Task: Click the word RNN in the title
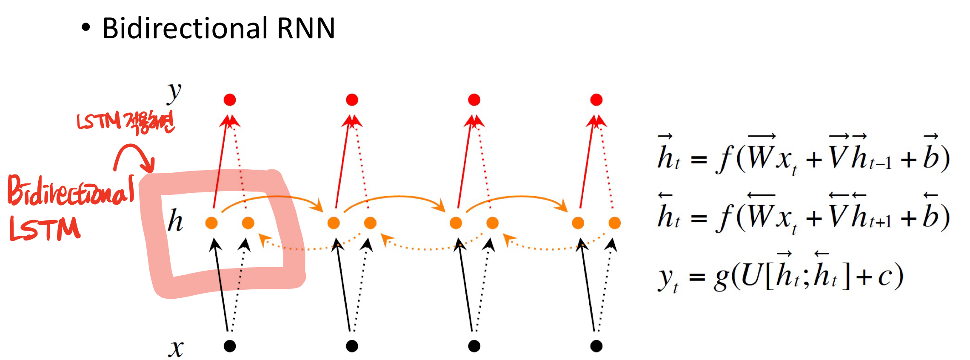pyautogui.click(x=306, y=29)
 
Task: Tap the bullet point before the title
pyautogui.click(x=86, y=28)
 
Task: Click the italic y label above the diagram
pyautogui.click(x=174, y=92)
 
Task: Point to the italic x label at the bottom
pyautogui.click(x=176, y=348)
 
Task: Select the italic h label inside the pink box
pyautogui.click(x=175, y=220)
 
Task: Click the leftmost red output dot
pyautogui.click(x=230, y=100)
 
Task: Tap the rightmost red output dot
pyautogui.click(x=596, y=100)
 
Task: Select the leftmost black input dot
pyautogui.click(x=230, y=346)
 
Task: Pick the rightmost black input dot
pyautogui.click(x=596, y=346)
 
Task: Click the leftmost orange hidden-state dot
pyautogui.click(x=211, y=223)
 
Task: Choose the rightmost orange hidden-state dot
pyautogui.click(x=615, y=223)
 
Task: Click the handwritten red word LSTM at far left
pyautogui.click(x=45, y=229)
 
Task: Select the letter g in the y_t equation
pyautogui.click(x=722, y=279)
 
